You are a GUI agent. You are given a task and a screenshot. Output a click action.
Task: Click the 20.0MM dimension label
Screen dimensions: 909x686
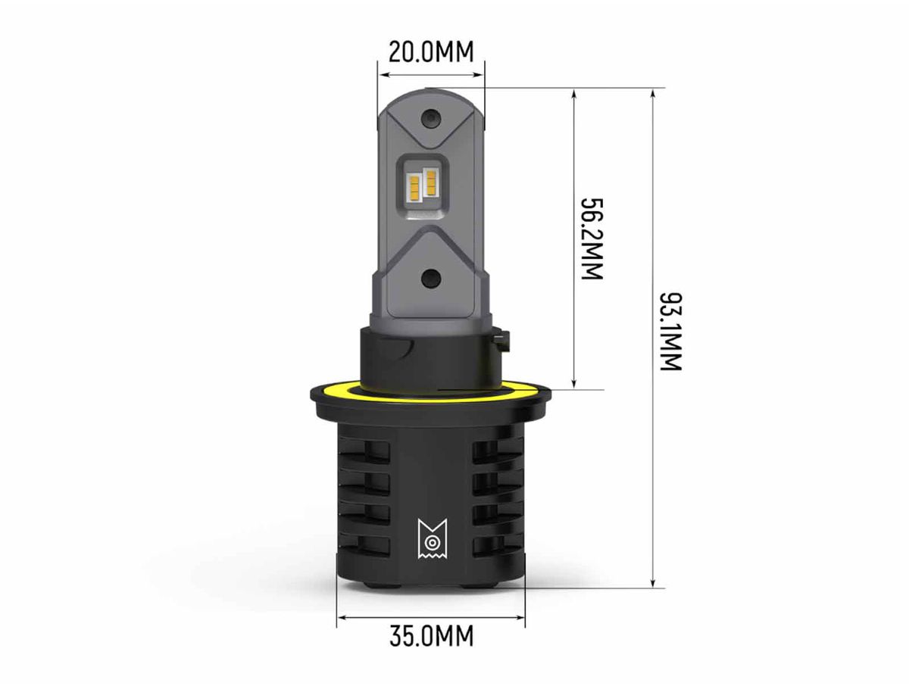pos(431,52)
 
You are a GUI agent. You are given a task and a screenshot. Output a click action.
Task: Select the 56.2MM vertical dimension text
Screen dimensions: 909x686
pos(592,239)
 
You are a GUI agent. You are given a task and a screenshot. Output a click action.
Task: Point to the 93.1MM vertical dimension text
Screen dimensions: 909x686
pos(670,332)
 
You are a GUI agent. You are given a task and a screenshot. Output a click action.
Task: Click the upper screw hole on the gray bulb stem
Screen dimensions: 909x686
pos(431,119)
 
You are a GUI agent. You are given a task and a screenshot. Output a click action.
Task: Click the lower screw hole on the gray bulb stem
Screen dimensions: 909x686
pos(431,278)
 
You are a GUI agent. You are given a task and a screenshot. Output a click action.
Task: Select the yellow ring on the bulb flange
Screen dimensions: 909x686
pos(431,395)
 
